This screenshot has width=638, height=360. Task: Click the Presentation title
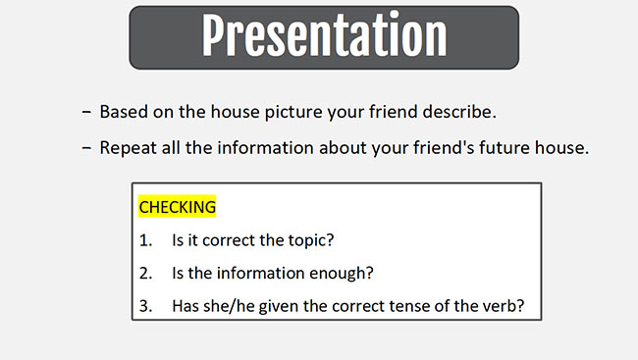[x=324, y=37]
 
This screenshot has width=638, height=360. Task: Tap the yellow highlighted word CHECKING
[x=177, y=208]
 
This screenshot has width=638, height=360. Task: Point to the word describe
[x=460, y=112]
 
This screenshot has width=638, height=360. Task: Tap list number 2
[x=145, y=273]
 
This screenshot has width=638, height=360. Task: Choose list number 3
[x=145, y=305]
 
